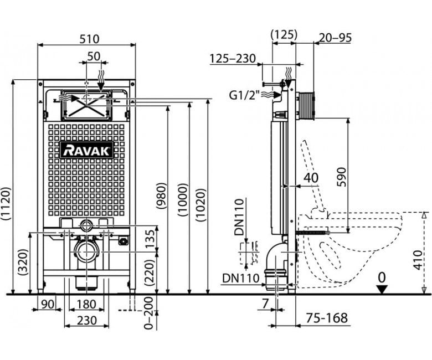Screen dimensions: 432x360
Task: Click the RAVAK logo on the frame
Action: pyautogui.click(x=87, y=150)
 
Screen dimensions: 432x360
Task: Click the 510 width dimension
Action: pyautogui.click(x=89, y=39)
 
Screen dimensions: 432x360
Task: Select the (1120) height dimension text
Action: pyautogui.click(x=6, y=203)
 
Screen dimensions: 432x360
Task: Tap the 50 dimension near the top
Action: pyautogui.click(x=94, y=56)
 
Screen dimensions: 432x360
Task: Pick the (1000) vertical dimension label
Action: pyautogui.click(x=183, y=200)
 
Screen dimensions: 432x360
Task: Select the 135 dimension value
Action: pyautogui.click(x=150, y=239)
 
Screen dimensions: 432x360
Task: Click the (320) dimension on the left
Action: pyautogui.click(x=24, y=263)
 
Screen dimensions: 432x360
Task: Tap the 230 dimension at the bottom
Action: pyautogui.click(x=87, y=320)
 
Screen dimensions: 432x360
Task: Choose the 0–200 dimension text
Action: pyautogui.click(x=149, y=313)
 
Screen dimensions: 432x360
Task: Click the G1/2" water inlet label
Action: pyautogui.click(x=245, y=95)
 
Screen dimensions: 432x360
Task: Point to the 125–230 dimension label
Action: pyautogui.click(x=233, y=58)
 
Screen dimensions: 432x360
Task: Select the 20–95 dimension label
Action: pyautogui.click(x=335, y=38)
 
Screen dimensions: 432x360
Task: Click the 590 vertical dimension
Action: pyautogui.click(x=341, y=177)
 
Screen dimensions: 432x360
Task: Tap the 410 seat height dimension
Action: pyautogui.click(x=418, y=260)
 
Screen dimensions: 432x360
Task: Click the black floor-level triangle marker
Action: pyautogui.click(x=382, y=290)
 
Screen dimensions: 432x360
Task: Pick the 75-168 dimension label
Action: pyautogui.click(x=327, y=318)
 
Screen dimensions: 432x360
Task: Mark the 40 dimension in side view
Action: pyautogui.click(x=311, y=178)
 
